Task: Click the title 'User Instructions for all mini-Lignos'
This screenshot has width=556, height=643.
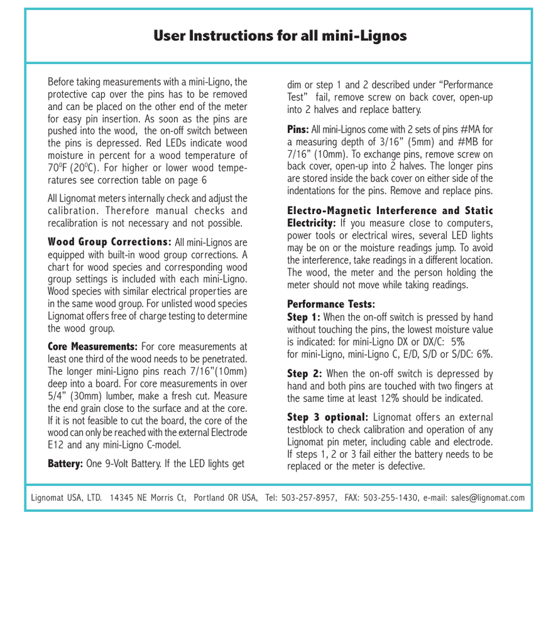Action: coord(280,36)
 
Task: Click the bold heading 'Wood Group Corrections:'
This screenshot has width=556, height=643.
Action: coord(109,242)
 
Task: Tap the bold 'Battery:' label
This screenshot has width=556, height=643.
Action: coord(65,463)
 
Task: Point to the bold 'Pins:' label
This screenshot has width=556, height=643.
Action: coord(298,129)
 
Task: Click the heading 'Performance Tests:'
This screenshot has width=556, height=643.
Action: coord(331,305)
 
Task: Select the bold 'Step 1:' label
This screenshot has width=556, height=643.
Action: coord(303,317)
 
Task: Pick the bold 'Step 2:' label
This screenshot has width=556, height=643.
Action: coord(305,374)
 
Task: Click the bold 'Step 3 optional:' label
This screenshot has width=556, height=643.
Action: coord(327,417)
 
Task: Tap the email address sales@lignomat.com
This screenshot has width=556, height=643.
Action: coord(488,498)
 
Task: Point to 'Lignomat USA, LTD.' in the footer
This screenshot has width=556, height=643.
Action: coord(67,498)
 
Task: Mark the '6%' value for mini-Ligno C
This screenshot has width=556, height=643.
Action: coord(484,354)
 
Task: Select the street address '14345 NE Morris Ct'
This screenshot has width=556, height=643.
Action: coord(148,498)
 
